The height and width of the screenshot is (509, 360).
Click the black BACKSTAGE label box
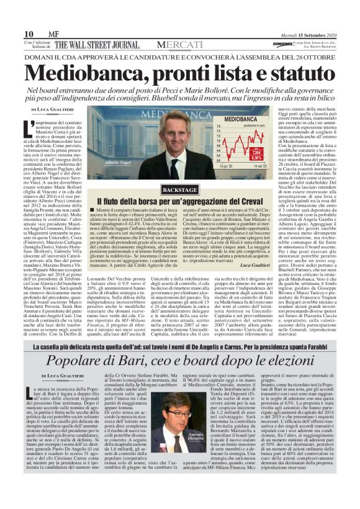tap(163, 189)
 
